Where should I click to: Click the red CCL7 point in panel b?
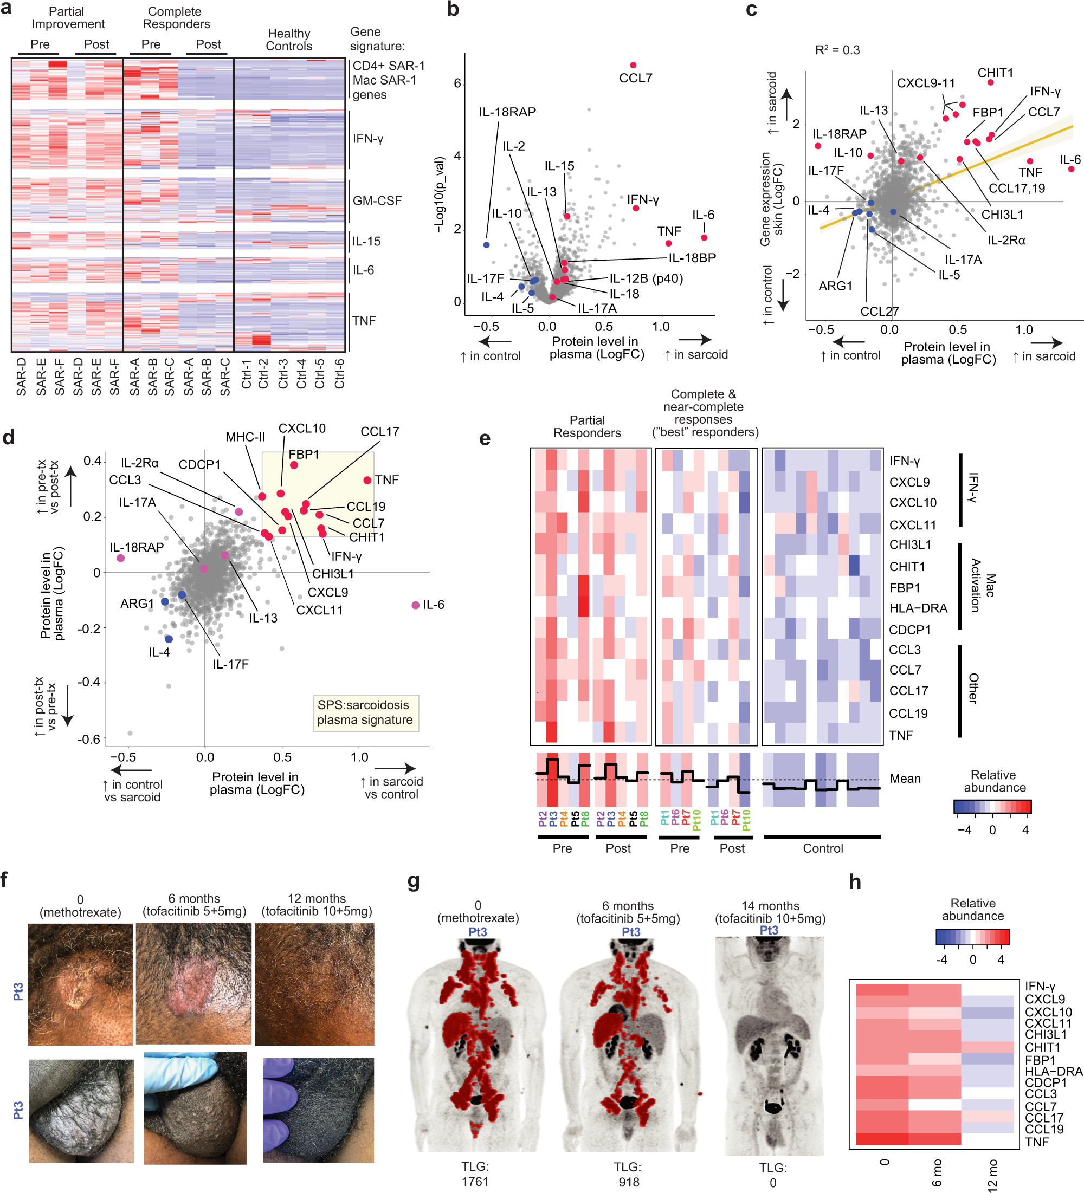click(633, 65)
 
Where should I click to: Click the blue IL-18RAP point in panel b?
click(487, 244)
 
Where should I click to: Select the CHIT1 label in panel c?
click(995, 73)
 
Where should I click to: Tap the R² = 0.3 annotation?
click(837, 50)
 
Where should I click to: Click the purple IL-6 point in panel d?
click(416, 605)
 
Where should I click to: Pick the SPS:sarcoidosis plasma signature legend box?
click(365, 712)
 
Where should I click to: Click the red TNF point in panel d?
click(367, 480)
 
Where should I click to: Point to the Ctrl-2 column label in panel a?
click(263, 374)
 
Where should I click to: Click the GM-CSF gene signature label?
click(377, 201)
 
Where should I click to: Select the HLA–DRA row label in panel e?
click(918, 608)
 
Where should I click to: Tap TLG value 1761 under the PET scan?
click(475, 1182)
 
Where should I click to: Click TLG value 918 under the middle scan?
click(628, 1182)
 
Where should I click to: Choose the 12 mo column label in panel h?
click(993, 1175)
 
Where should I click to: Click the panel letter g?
click(414, 881)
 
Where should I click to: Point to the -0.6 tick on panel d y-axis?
click(90, 739)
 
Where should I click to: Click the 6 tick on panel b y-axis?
click(457, 83)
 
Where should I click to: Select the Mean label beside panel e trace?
click(905, 779)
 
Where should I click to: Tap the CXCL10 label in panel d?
click(302, 429)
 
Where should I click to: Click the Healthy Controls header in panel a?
click(288, 40)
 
